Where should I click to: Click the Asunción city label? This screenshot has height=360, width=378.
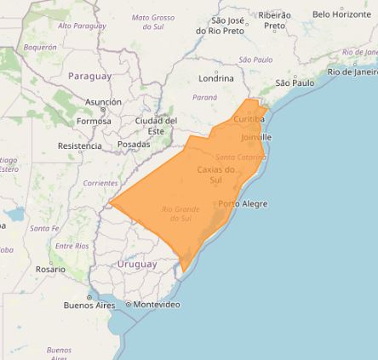click(103, 102)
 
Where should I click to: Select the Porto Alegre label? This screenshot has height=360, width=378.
click(243, 204)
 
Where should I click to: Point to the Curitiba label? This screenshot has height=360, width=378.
click(249, 119)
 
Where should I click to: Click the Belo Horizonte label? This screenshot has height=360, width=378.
click(341, 14)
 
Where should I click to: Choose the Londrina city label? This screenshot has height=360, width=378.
click(216, 78)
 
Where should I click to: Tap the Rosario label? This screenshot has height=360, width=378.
click(50, 269)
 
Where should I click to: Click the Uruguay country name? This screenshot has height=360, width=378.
click(137, 264)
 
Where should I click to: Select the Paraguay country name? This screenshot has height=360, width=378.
click(89, 76)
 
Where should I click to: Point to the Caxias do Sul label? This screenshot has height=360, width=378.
click(215, 174)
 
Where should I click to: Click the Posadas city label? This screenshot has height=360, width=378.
click(134, 145)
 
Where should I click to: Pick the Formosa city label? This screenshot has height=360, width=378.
click(94, 121)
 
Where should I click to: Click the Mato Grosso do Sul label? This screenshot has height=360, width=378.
click(153, 21)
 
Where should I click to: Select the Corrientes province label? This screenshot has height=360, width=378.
click(100, 183)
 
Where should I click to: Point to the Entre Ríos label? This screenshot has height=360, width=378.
click(72, 245)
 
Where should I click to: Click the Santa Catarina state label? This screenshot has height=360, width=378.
click(240, 157)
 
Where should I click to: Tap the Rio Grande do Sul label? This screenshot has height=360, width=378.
click(180, 213)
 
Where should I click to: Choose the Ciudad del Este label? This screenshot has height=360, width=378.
click(156, 126)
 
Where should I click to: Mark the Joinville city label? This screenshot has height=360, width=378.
click(256, 137)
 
